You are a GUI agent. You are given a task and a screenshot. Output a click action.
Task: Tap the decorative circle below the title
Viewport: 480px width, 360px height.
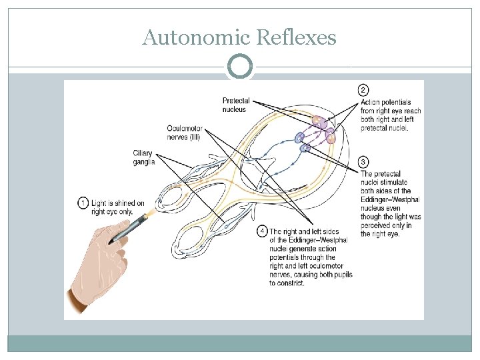point(240,67)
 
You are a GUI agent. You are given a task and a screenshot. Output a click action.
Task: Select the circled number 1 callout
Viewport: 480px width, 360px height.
point(83,203)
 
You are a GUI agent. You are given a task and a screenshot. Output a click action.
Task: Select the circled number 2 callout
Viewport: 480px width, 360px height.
point(363,90)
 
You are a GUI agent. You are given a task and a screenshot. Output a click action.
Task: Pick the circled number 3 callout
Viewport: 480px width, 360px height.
point(363,162)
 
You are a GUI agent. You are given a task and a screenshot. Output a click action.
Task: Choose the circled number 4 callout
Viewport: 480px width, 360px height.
point(263,231)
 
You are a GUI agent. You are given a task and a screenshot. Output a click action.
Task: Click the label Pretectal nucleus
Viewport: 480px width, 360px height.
point(236,105)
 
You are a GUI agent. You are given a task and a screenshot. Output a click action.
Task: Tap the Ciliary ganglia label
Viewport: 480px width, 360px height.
point(143,157)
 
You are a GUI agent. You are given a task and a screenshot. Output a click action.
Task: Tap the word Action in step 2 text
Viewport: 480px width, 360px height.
point(371,102)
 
